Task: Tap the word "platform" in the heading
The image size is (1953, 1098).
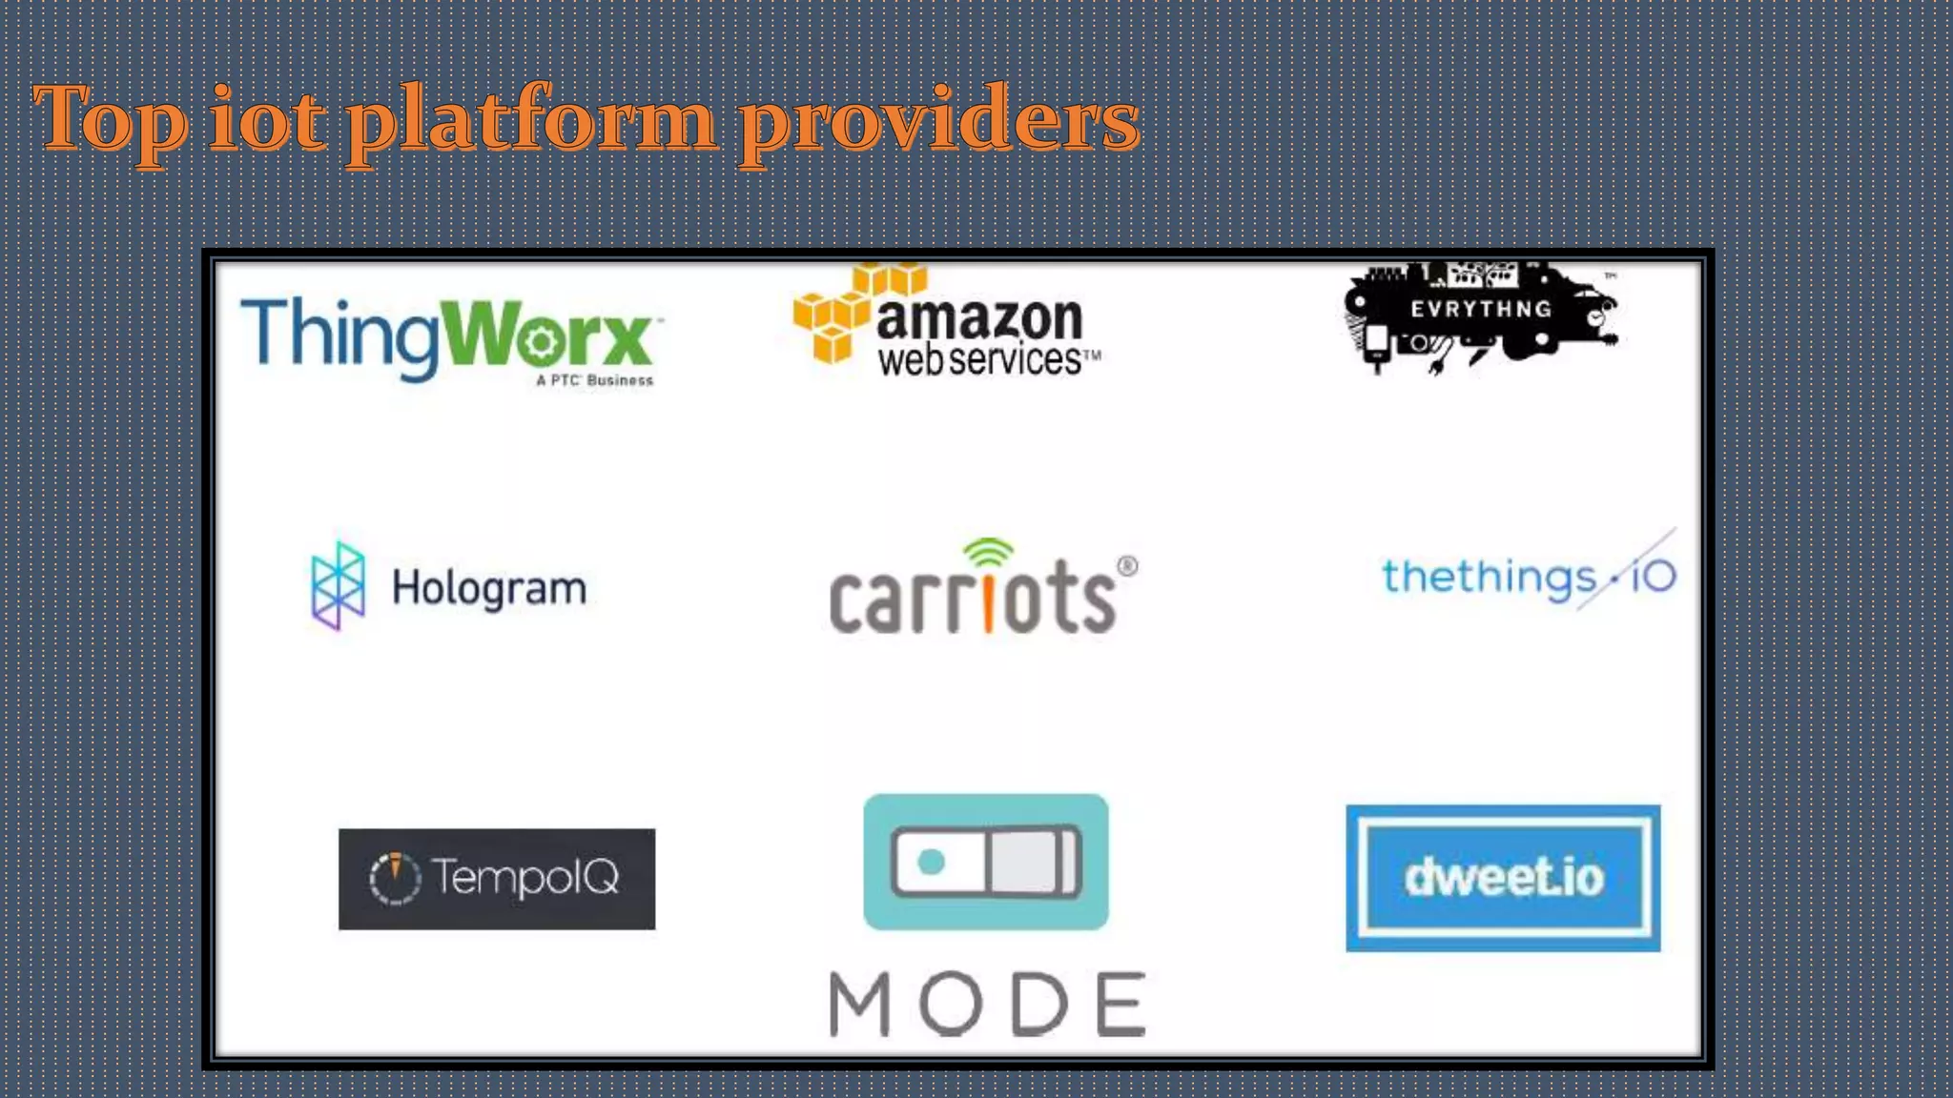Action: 530,122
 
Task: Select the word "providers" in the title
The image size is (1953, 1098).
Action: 939,122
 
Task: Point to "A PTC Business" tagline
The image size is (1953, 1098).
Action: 594,380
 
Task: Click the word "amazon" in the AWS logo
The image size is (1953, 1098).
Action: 979,318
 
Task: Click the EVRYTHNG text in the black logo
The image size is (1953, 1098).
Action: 1481,309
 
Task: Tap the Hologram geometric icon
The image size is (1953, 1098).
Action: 339,585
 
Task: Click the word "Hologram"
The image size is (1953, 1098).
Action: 489,589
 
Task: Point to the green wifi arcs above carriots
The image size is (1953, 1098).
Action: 988,552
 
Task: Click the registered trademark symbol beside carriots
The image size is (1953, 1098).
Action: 1127,566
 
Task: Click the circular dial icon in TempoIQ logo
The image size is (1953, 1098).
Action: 395,878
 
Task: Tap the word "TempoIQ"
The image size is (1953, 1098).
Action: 525,877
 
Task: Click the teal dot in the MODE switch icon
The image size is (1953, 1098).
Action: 931,862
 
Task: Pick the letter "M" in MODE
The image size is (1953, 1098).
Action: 859,1004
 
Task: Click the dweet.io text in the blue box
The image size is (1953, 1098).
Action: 1504,878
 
